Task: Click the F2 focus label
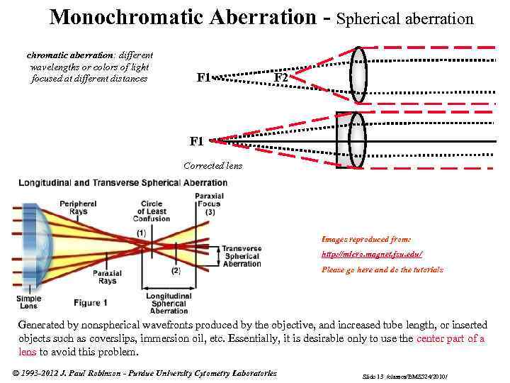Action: click(281, 77)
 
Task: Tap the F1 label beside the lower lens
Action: click(197, 141)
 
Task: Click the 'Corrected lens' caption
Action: click(212, 166)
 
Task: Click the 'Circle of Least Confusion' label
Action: click(152, 211)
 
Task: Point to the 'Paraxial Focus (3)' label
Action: click(210, 204)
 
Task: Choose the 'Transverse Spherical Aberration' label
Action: click(242, 256)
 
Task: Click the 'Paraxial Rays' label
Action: click(108, 277)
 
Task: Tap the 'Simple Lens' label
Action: click(28, 303)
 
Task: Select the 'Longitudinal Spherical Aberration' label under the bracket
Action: click(169, 304)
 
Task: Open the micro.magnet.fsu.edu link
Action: click(372, 254)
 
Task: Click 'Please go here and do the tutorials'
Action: click(382, 270)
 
